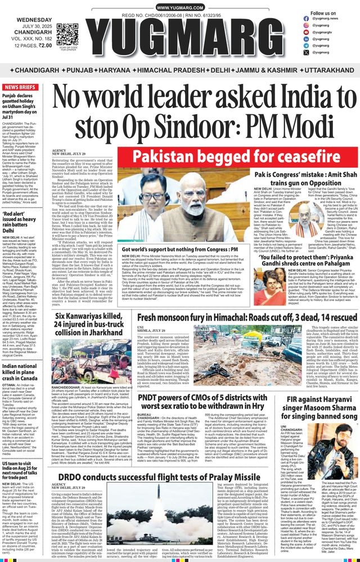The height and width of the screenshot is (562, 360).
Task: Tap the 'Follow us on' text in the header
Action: tap(323, 13)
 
